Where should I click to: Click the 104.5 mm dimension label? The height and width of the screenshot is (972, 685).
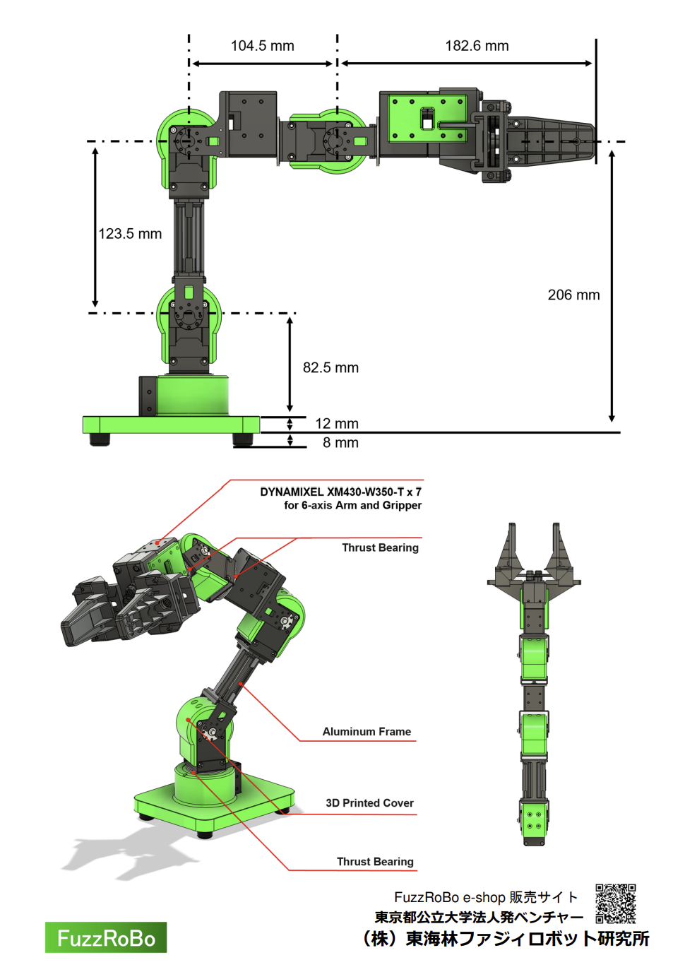(262, 46)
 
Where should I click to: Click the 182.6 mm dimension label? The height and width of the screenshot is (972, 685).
(477, 46)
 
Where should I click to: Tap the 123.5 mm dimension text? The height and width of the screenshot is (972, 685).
(130, 234)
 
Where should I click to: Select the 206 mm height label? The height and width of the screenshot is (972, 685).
(573, 295)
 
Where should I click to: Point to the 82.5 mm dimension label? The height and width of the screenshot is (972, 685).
(330, 368)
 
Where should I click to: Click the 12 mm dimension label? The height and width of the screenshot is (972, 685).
(337, 424)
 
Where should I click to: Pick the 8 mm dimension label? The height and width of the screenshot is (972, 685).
(340, 443)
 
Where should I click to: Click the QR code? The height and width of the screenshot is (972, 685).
(616, 903)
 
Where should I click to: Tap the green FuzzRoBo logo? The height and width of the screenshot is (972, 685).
(106, 937)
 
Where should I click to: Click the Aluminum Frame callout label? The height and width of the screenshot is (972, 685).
(367, 732)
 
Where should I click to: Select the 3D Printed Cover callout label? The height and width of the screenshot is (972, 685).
(369, 803)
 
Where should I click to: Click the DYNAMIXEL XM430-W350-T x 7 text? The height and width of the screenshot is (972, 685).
(340, 492)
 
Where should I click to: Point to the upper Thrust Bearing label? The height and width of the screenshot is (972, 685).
(380, 547)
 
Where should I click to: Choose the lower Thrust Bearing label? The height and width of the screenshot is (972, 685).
(375, 862)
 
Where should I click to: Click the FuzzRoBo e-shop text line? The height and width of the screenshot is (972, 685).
(486, 897)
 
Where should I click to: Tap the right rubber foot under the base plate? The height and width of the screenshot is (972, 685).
(243, 439)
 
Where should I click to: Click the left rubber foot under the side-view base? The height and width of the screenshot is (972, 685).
(100, 439)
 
